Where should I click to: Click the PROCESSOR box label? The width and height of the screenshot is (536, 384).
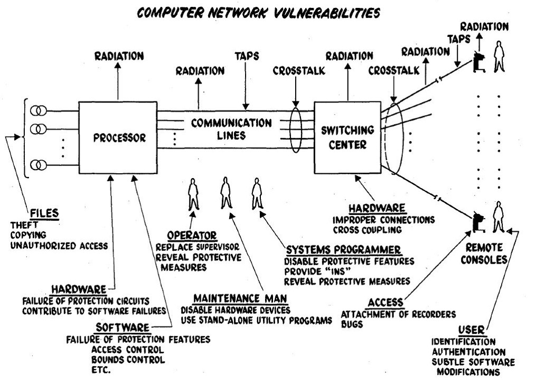pos(119,137)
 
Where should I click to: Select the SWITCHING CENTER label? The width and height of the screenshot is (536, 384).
pos(347,137)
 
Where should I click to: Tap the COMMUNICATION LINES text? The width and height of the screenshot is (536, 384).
pos(231,129)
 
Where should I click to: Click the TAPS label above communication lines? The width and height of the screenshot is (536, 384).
pos(247,56)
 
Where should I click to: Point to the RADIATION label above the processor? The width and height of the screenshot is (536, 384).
pos(119,56)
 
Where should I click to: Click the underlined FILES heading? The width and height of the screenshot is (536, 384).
pos(44,213)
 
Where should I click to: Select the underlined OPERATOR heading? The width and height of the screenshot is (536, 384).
pos(192,235)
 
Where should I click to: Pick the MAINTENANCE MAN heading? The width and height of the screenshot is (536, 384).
pos(240,298)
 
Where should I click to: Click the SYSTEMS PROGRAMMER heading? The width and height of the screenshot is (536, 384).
pos(343,250)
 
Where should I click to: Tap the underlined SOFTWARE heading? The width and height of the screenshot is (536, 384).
pos(123,327)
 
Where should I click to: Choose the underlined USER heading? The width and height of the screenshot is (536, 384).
pos(472,330)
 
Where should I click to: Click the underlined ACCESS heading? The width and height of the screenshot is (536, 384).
pos(385,303)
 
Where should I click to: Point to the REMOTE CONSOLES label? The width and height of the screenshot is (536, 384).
pos(484,254)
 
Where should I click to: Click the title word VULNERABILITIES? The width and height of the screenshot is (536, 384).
pos(327,13)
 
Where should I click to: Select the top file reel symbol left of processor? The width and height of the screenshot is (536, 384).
pos(38,111)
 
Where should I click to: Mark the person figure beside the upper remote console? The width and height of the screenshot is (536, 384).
pos(499,57)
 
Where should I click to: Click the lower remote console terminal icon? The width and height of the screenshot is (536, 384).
pos(479,222)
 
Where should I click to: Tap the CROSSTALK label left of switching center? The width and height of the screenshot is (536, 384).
pos(299,71)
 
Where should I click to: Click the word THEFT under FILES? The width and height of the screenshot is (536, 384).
pos(24,226)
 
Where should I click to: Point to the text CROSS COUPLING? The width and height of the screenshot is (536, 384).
pos(367,230)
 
